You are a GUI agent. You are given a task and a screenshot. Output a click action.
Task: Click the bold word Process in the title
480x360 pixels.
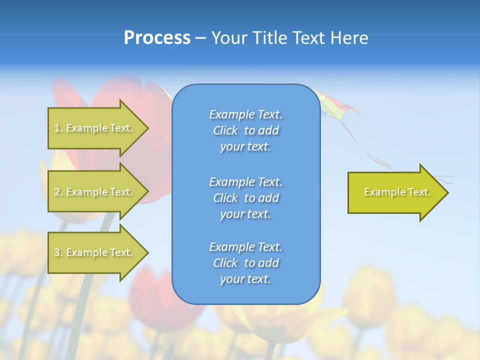coord(157,38)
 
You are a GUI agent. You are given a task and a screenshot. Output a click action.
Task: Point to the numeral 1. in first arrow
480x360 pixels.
coord(58,128)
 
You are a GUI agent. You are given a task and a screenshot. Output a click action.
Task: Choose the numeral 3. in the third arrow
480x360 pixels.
coord(58,253)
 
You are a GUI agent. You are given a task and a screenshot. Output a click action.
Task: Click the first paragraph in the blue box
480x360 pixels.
coord(245,130)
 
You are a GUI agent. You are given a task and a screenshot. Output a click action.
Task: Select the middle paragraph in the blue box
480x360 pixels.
coord(245,198)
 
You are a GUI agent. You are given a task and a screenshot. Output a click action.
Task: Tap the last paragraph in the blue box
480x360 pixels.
coord(245,263)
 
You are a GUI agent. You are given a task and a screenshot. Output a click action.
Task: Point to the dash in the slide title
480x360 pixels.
coord(200,38)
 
